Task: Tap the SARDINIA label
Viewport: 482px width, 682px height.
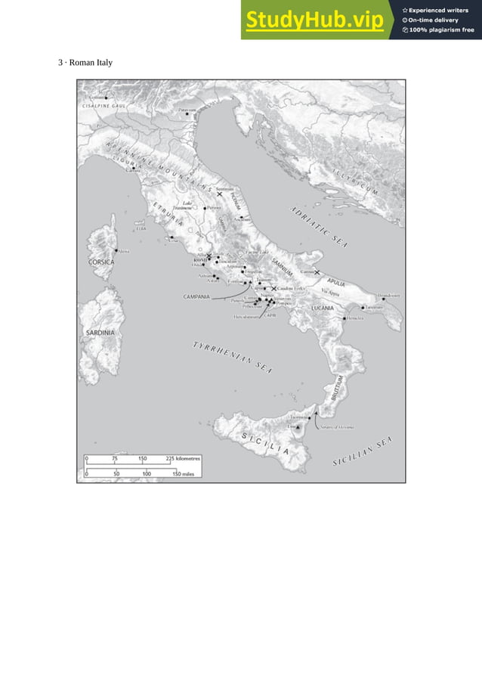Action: pos(100,332)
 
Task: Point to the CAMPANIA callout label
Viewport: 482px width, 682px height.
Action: pos(196,297)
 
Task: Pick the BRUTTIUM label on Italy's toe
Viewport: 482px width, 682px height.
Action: pos(338,389)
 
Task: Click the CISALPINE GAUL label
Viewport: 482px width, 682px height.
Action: pos(104,107)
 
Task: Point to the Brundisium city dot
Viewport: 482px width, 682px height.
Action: pos(384,299)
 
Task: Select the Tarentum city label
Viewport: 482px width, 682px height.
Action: pos(374,308)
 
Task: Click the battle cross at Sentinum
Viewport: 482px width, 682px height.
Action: pos(219,194)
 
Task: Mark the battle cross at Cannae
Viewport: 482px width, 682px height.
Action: pos(317,272)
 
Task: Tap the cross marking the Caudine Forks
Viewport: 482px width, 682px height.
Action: pos(274,288)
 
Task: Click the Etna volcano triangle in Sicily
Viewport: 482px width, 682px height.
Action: pos(299,428)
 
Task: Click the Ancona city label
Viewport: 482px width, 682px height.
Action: pos(242,219)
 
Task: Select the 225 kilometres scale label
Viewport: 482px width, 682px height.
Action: pos(184,457)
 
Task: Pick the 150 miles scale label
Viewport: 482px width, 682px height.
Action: pos(186,473)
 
